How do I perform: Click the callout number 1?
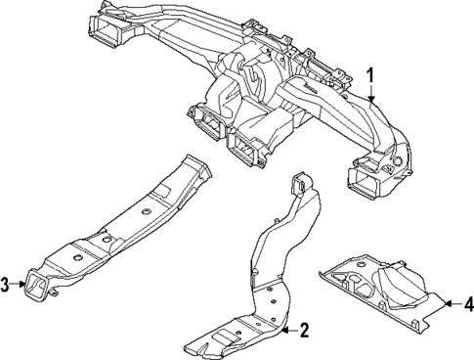pyautogui.click(x=371, y=74)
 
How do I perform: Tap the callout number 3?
pyautogui.click(x=6, y=285)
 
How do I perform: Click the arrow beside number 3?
pyautogui.click(x=20, y=285)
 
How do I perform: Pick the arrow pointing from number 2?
pyautogui.click(x=287, y=330)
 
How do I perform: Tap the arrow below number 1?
pyautogui.click(x=371, y=93)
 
